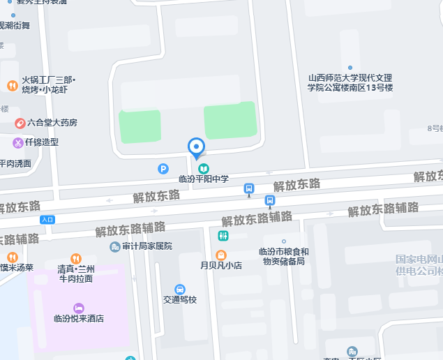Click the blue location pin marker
pos(197,147)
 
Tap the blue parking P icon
pos(163,168)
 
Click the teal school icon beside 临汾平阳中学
pos(204,168)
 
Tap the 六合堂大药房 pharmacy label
pos(50,123)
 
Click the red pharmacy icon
pos(20,123)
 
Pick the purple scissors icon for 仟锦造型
pos(17,142)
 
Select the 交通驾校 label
pos(180,300)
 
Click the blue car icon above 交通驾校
pos(180,289)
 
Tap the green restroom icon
pos(223,236)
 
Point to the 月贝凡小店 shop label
pos(221,266)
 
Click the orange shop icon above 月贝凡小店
pos(221,255)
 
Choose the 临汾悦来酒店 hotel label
pos(79,319)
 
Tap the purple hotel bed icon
pos(79,308)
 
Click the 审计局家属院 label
pos(147,246)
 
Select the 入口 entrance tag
pos(47,219)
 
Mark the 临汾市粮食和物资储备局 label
pos(283,257)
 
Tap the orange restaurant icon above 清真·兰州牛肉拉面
pos(76,258)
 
